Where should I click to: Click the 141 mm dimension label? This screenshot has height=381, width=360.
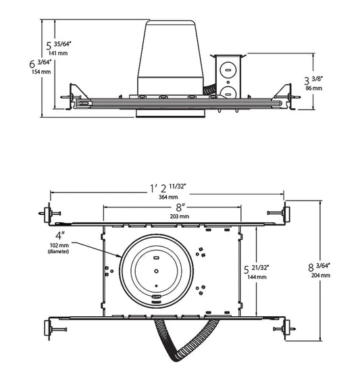(x=58, y=53)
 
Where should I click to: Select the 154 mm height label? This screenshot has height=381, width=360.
(x=41, y=72)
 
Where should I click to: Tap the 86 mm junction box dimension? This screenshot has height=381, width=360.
(x=314, y=88)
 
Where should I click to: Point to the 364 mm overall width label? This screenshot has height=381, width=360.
(x=168, y=197)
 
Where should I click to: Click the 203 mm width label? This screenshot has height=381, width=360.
(x=180, y=216)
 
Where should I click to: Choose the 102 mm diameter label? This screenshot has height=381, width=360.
(x=59, y=245)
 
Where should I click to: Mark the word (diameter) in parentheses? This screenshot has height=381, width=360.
(x=58, y=251)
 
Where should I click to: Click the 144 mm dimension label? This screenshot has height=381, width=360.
(x=257, y=277)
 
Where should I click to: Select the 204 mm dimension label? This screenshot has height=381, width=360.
(x=321, y=276)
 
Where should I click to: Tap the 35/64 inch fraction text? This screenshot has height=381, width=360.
(x=63, y=44)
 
